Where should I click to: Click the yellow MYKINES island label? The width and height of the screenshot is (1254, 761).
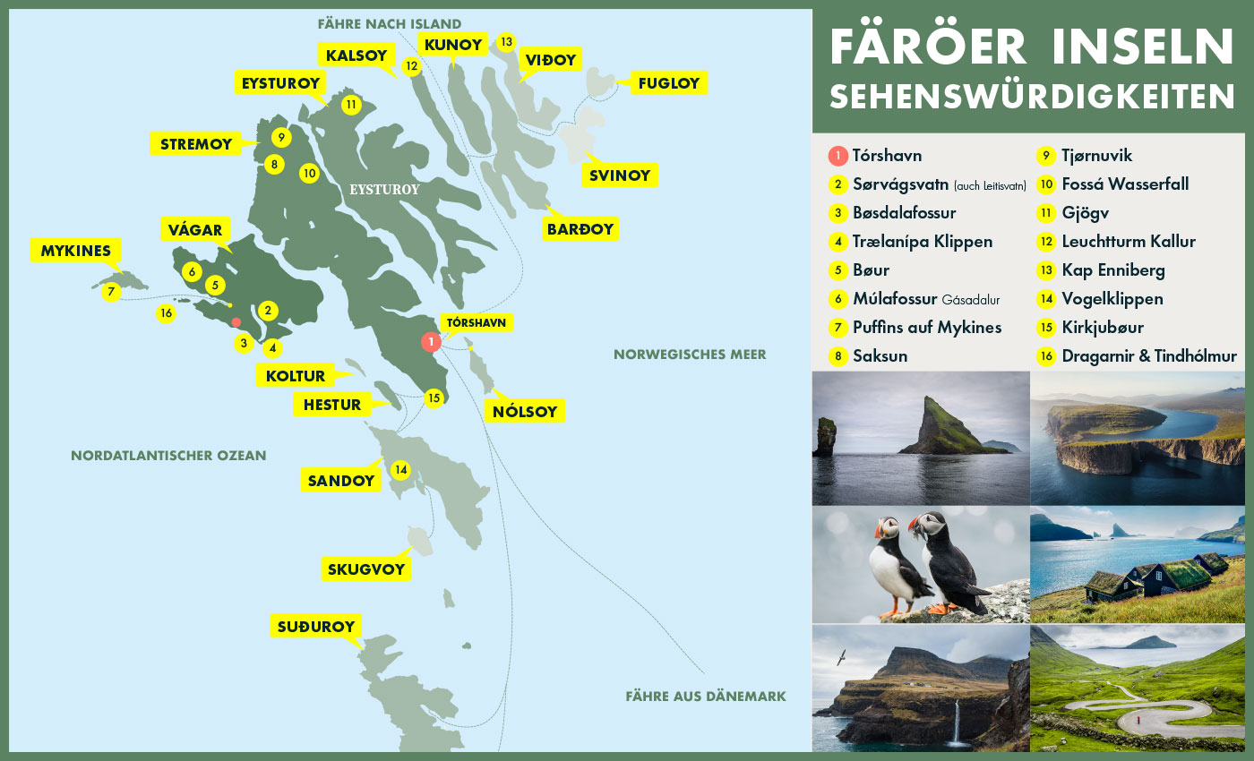point(75,251)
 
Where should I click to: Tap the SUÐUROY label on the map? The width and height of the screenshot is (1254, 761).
point(315,626)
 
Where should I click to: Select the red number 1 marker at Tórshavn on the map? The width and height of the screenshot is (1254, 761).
point(431,341)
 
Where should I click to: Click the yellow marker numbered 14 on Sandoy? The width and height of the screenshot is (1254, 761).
point(400,469)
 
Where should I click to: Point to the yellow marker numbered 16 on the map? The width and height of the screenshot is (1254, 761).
point(166,313)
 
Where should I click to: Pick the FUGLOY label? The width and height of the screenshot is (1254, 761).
point(668,84)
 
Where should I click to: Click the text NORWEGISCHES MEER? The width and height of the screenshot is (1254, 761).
point(690,355)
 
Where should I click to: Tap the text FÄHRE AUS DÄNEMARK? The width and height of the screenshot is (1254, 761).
point(705,696)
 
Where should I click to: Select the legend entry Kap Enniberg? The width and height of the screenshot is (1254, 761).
point(1112,269)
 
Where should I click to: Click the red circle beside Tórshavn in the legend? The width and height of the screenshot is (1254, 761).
point(837,156)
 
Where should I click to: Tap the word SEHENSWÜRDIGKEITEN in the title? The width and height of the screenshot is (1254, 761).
point(1032,96)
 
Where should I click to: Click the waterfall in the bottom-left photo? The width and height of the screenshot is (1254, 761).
point(957,721)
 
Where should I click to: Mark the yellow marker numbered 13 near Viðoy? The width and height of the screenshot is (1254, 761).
point(507,41)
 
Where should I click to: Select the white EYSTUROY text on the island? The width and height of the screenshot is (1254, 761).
point(383,190)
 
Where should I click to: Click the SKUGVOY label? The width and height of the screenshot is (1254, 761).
point(365,569)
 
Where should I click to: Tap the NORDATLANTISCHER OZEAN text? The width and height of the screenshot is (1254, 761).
point(168,455)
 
